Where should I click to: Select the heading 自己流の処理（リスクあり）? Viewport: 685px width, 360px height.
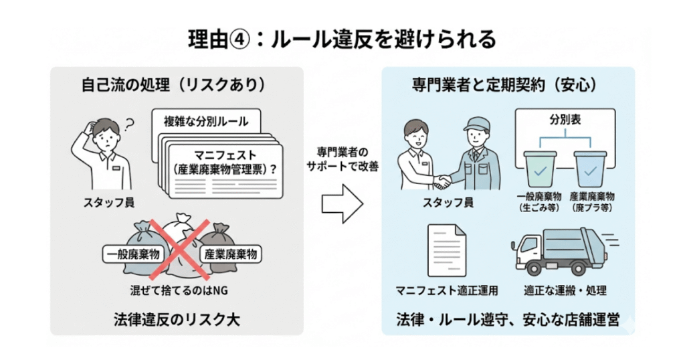pos(173,86)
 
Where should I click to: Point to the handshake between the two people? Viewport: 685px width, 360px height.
pos(442,181)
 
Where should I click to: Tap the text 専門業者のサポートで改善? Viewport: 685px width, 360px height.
pos(342,159)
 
